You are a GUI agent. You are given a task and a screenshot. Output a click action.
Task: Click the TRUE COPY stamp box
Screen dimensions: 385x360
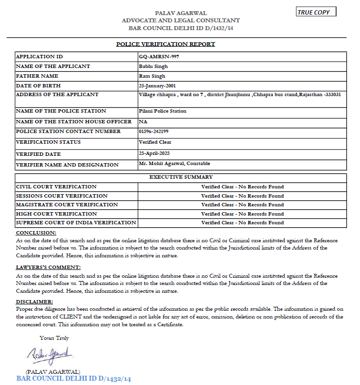pyautogui.click(x=316, y=12)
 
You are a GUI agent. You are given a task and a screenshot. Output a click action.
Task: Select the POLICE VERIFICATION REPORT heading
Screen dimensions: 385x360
pyautogui.click(x=166, y=44)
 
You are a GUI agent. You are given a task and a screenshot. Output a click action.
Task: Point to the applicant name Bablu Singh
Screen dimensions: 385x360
pyautogui.click(x=153, y=66)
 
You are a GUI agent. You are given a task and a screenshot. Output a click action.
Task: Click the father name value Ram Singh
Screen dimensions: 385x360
pyautogui.click(x=152, y=76)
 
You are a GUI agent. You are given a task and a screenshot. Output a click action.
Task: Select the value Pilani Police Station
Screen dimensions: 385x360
pyautogui.click(x=162, y=111)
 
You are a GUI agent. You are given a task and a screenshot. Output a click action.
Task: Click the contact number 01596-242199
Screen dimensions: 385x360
pyautogui.click(x=154, y=131)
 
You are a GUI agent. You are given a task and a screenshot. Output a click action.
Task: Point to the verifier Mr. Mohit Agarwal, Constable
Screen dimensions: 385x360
pyautogui.click(x=174, y=164)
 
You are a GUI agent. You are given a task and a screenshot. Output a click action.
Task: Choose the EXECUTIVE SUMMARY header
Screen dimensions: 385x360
pyautogui.click(x=181, y=177)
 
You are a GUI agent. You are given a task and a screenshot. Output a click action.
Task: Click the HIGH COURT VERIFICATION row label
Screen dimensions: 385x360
pyautogui.click(x=56, y=214)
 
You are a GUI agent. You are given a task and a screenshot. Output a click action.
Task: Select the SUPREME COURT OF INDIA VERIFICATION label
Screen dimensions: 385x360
pyautogui.click(x=76, y=222)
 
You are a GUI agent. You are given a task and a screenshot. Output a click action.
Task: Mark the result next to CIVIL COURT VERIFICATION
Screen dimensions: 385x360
pyautogui.click(x=242, y=186)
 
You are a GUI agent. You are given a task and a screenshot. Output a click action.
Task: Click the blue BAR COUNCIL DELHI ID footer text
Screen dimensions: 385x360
pyautogui.click(x=74, y=378)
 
